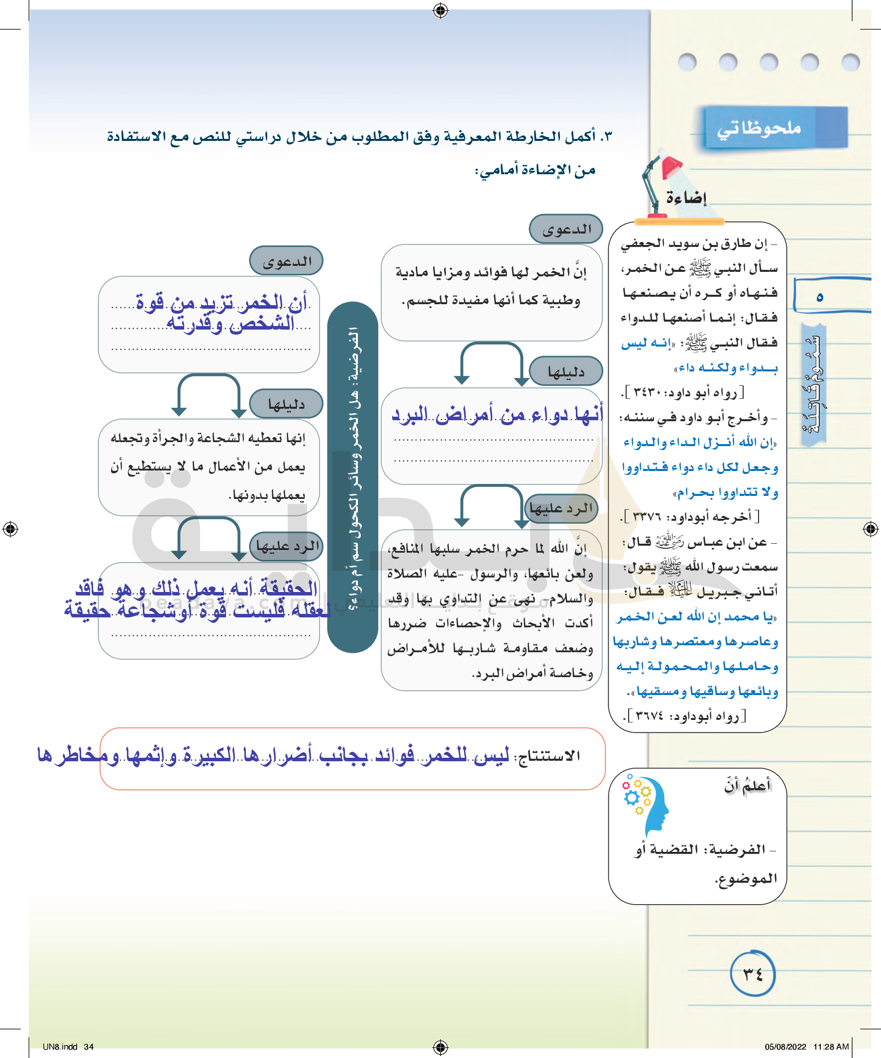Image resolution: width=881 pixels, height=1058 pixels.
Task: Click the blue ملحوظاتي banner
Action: click(774, 128)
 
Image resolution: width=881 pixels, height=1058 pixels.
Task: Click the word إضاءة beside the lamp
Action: click(686, 198)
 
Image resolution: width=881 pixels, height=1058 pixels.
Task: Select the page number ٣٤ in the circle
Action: click(753, 974)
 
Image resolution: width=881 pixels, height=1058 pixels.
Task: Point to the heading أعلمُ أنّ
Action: click(748, 786)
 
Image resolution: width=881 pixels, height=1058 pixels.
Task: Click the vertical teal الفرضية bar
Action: click(352, 476)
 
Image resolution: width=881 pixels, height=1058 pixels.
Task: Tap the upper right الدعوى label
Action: click(566, 229)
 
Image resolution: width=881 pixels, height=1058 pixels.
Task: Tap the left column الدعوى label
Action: click(287, 261)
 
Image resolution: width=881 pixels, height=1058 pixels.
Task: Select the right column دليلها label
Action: click(566, 372)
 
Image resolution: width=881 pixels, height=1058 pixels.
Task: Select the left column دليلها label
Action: click(287, 404)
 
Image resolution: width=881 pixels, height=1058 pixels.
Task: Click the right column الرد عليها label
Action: click(561, 508)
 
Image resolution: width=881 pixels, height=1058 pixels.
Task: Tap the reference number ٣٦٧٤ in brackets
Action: click(650, 715)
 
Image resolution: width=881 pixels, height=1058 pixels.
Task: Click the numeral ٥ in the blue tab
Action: click(820, 297)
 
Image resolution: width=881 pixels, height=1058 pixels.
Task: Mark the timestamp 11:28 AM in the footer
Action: click(831, 1047)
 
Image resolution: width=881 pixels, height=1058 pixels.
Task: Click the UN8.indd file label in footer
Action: click(60, 1047)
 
